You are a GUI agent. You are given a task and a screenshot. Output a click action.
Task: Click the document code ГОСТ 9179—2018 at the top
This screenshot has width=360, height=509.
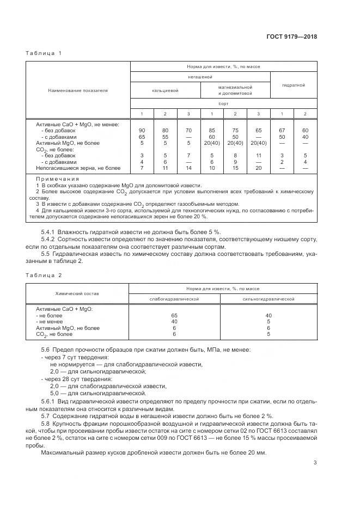click(x=292, y=37)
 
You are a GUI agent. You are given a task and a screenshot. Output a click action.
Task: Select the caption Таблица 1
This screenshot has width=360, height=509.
click(x=44, y=53)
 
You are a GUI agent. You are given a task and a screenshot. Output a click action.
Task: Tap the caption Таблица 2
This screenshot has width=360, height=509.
click(x=44, y=277)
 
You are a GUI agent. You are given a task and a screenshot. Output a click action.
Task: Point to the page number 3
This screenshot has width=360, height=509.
click(x=315, y=463)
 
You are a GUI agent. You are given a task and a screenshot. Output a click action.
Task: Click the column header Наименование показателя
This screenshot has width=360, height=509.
click(x=78, y=90)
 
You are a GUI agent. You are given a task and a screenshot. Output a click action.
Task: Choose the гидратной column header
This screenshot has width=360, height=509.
click(x=293, y=85)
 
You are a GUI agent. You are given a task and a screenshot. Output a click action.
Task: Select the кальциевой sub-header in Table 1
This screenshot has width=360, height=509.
click(x=165, y=90)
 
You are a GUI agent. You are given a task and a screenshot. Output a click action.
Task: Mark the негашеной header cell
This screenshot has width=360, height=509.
click(x=200, y=77)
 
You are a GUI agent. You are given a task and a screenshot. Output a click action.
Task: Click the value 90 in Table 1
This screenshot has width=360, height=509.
click(x=142, y=131)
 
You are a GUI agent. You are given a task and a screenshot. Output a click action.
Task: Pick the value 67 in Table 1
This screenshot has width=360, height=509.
click(x=282, y=131)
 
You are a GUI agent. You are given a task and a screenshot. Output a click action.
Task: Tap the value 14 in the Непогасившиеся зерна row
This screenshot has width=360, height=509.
click(x=188, y=168)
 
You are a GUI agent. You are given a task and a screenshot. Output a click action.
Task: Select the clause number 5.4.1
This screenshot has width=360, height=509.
click(x=50, y=232)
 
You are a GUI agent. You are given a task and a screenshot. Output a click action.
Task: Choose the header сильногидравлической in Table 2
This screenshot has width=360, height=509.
click(x=269, y=299)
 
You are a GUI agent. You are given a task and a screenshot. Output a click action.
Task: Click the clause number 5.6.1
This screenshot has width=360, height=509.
click(x=50, y=401)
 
